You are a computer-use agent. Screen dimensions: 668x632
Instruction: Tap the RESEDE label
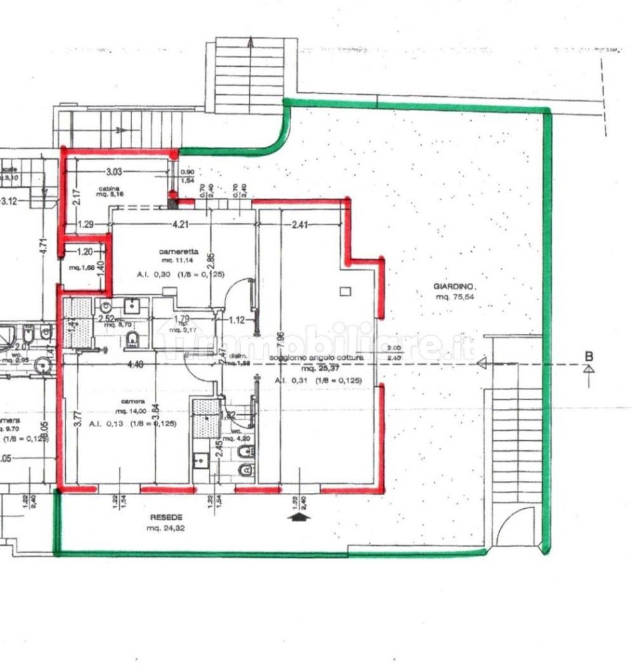click(166, 517)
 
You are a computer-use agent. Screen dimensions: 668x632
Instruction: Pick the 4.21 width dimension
click(180, 224)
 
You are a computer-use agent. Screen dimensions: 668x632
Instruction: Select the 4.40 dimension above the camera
click(135, 364)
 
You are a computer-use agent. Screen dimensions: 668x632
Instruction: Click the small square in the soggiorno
click(344, 291)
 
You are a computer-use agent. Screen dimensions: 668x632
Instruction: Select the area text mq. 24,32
click(166, 528)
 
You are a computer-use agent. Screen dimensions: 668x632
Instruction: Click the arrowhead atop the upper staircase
click(250, 42)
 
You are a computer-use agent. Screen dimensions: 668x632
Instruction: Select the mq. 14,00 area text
click(129, 411)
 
